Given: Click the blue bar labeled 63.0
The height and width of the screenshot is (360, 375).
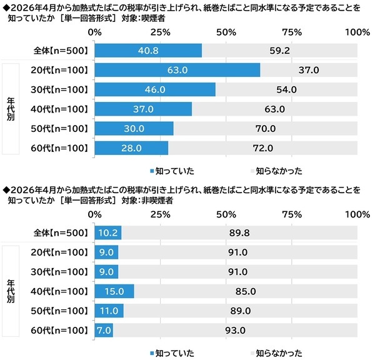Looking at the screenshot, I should (x=177, y=70).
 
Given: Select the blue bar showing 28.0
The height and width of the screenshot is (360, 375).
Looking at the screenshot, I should (x=131, y=148).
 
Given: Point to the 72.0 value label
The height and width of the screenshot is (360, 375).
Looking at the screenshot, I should (x=262, y=148).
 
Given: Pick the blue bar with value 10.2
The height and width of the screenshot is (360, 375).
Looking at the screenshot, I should (x=107, y=233).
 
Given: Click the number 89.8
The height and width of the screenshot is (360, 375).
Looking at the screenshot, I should (x=239, y=233).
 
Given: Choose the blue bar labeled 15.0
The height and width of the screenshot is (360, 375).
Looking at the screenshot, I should (x=114, y=291).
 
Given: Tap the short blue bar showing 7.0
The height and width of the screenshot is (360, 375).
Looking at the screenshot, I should (x=103, y=330).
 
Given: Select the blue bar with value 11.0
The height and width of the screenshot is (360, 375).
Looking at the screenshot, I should (x=109, y=311).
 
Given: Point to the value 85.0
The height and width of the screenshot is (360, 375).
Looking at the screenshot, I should (x=245, y=291).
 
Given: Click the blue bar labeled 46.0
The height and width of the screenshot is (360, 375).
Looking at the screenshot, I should (x=155, y=89).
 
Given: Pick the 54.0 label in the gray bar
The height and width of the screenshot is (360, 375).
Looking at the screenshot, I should (x=286, y=89).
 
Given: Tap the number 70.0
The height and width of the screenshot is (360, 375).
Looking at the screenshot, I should (x=265, y=129).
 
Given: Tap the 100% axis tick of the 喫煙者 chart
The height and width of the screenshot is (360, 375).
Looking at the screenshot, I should (x=357, y=31).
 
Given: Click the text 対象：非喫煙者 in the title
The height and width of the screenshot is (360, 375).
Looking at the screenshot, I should (x=151, y=201).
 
